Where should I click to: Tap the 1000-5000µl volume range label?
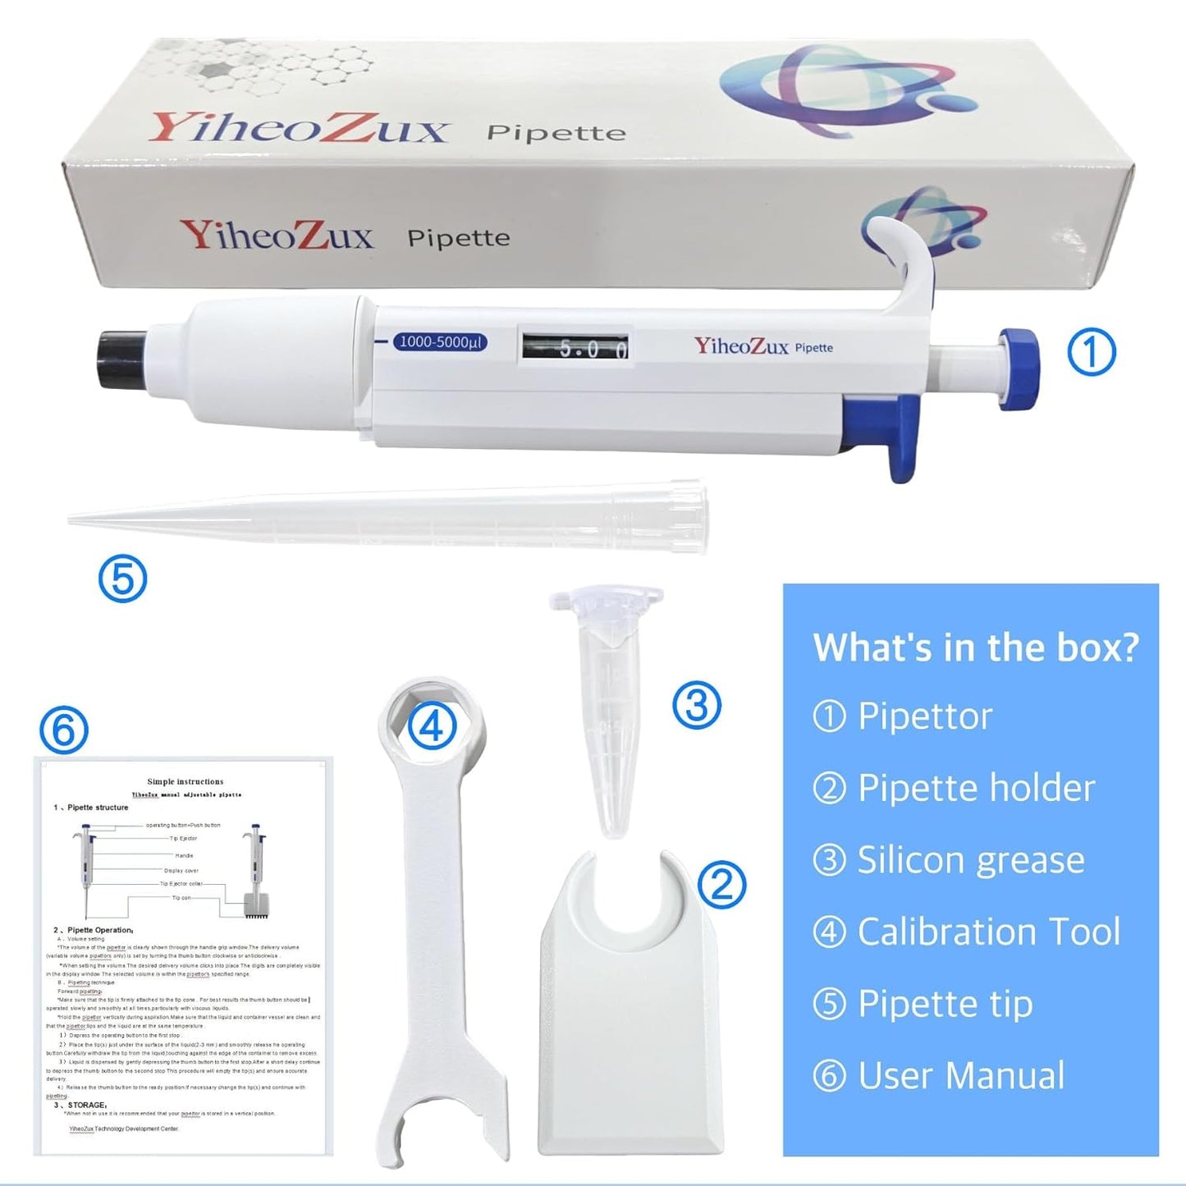click(x=441, y=341)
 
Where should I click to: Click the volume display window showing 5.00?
click(x=575, y=347)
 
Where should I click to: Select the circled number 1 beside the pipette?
click(x=1091, y=351)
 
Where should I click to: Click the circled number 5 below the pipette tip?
click(x=122, y=579)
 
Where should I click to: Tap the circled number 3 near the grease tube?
click(x=696, y=705)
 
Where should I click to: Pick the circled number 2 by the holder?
click(x=721, y=884)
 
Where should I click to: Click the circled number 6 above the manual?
click(x=64, y=730)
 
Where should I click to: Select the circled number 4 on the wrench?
click(x=432, y=725)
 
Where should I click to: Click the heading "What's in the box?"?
click(x=976, y=648)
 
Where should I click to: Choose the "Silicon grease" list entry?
click(x=970, y=860)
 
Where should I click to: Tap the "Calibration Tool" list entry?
click(x=988, y=932)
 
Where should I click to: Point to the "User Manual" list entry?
click(x=960, y=1075)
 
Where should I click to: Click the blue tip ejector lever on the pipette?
click(x=903, y=435)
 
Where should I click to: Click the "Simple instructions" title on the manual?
click(x=185, y=781)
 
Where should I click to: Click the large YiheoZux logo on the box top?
click(x=299, y=129)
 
